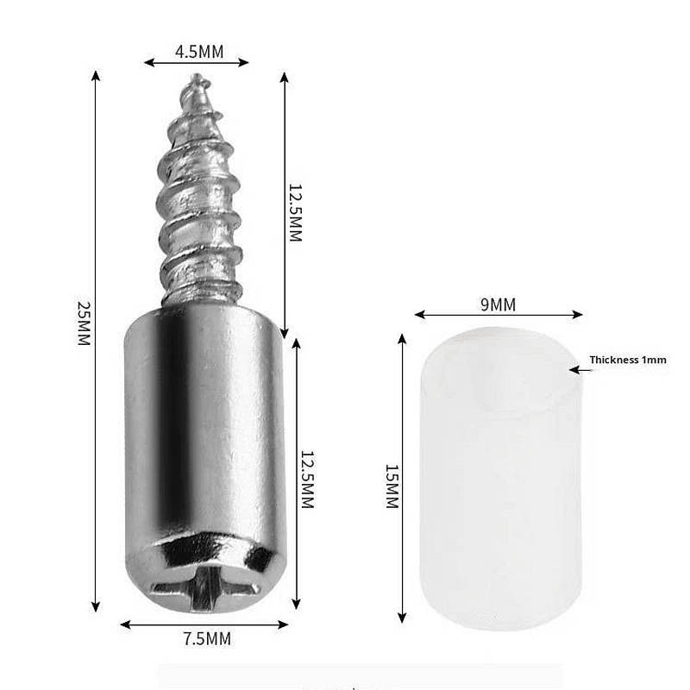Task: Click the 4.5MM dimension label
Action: pos(199,52)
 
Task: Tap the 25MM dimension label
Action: pos(84,323)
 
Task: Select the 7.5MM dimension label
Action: pos(207,639)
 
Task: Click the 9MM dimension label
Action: pos(498,304)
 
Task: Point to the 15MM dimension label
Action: pos(392,486)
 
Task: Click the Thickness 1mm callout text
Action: pos(628,360)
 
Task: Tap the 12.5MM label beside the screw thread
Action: pos(295,213)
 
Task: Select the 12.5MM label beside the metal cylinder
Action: pos(307,480)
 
